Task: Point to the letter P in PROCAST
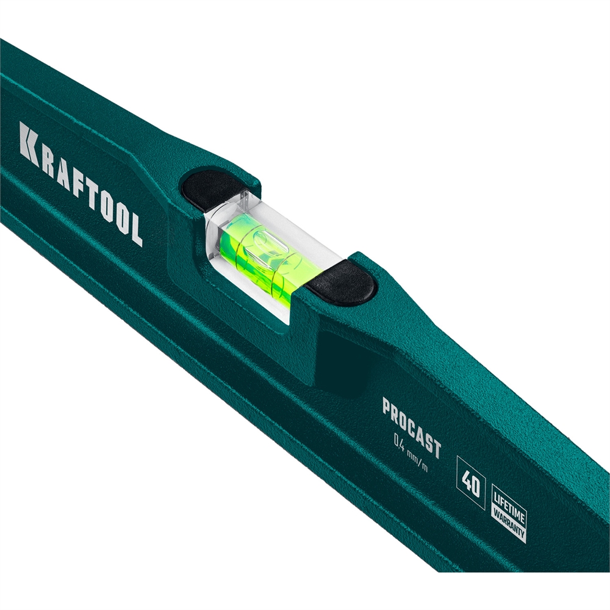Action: pyautogui.click(x=387, y=407)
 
